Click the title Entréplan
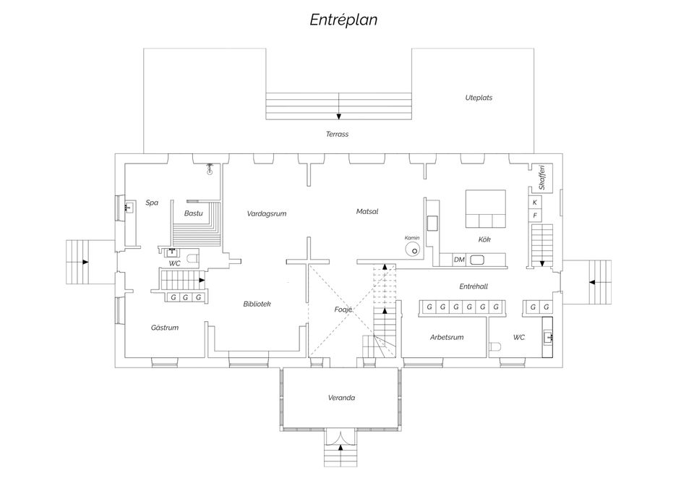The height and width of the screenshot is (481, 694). (x=343, y=20)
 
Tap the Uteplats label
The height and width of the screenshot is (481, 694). (x=479, y=98)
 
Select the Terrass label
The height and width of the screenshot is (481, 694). (x=338, y=135)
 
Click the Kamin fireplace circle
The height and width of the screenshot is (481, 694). (x=413, y=249)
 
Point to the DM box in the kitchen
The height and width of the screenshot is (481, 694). (x=460, y=260)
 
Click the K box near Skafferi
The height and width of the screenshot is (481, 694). (x=535, y=203)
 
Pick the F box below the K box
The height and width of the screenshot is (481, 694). (x=535, y=216)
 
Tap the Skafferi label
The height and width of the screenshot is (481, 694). (x=542, y=177)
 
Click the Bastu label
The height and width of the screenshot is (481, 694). (x=194, y=213)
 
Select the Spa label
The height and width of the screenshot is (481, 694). (x=152, y=203)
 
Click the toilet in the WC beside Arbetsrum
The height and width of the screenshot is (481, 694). (x=495, y=346)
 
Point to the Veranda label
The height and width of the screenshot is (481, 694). (x=342, y=398)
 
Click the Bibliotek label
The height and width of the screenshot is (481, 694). (x=257, y=305)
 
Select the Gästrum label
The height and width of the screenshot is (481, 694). (x=165, y=328)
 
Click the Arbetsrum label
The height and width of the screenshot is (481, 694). (x=447, y=338)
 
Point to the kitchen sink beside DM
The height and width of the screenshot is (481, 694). (x=476, y=260)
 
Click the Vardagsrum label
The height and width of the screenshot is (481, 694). (x=267, y=214)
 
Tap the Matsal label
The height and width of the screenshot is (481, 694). (x=367, y=212)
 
